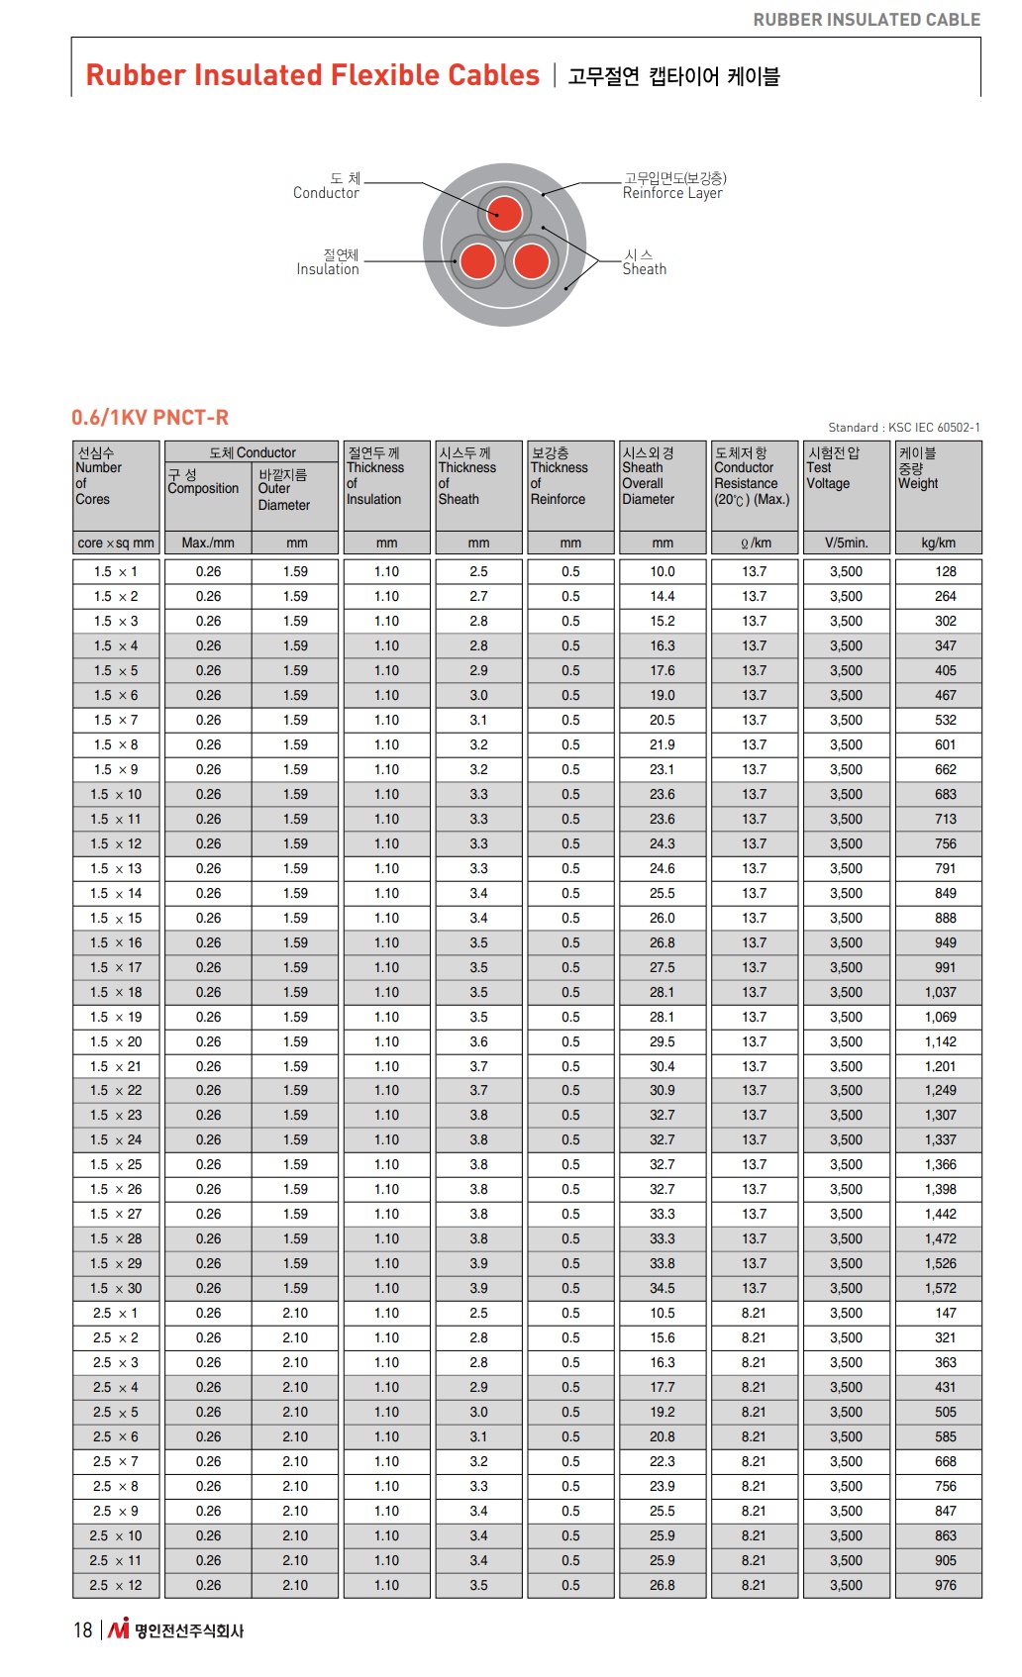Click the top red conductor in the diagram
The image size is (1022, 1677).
click(x=504, y=213)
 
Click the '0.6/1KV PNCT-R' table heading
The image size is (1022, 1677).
click(x=150, y=418)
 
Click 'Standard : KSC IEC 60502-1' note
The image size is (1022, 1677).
click(x=903, y=428)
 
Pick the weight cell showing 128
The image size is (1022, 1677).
click(x=945, y=571)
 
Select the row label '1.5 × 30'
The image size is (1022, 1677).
click(x=117, y=1288)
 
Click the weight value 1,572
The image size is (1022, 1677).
click(x=940, y=1288)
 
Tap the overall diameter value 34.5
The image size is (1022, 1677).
click(x=662, y=1288)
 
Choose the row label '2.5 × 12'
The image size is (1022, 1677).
click(x=116, y=1585)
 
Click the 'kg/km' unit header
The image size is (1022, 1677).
click(x=938, y=543)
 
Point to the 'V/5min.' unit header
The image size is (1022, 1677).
click(x=846, y=543)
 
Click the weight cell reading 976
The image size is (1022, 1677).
click(x=945, y=1585)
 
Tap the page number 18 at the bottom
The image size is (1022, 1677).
click(x=83, y=1629)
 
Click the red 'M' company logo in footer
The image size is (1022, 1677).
click(x=119, y=1628)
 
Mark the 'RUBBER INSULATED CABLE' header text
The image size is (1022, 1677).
click(x=867, y=20)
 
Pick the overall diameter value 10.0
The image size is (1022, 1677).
click(x=662, y=571)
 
